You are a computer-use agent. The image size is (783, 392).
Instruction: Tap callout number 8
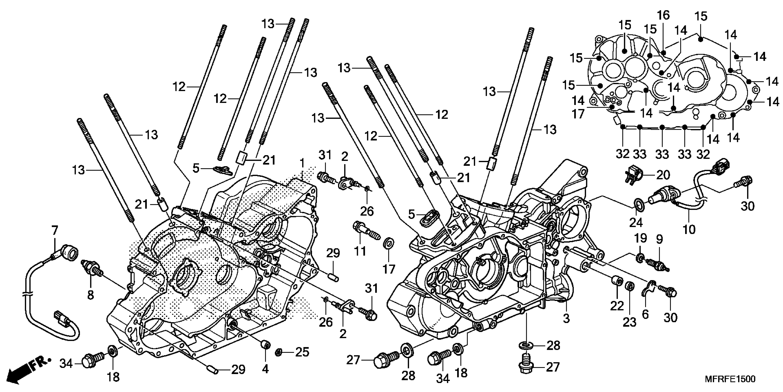(x=90, y=295)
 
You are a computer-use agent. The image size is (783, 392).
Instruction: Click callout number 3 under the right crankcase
(x=566, y=318)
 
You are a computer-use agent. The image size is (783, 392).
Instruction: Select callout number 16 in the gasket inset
(x=663, y=15)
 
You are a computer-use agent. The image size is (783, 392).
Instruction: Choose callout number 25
(x=302, y=352)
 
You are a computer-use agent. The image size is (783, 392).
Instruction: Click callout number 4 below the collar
(x=265, y=369)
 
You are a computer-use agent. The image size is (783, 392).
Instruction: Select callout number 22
(x=617, y=306)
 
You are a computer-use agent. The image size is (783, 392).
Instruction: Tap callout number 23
(x=629, y=322)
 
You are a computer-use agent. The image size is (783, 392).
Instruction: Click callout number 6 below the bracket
(x=645, y=314)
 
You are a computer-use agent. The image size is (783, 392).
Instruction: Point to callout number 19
(x=640, y=238)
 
